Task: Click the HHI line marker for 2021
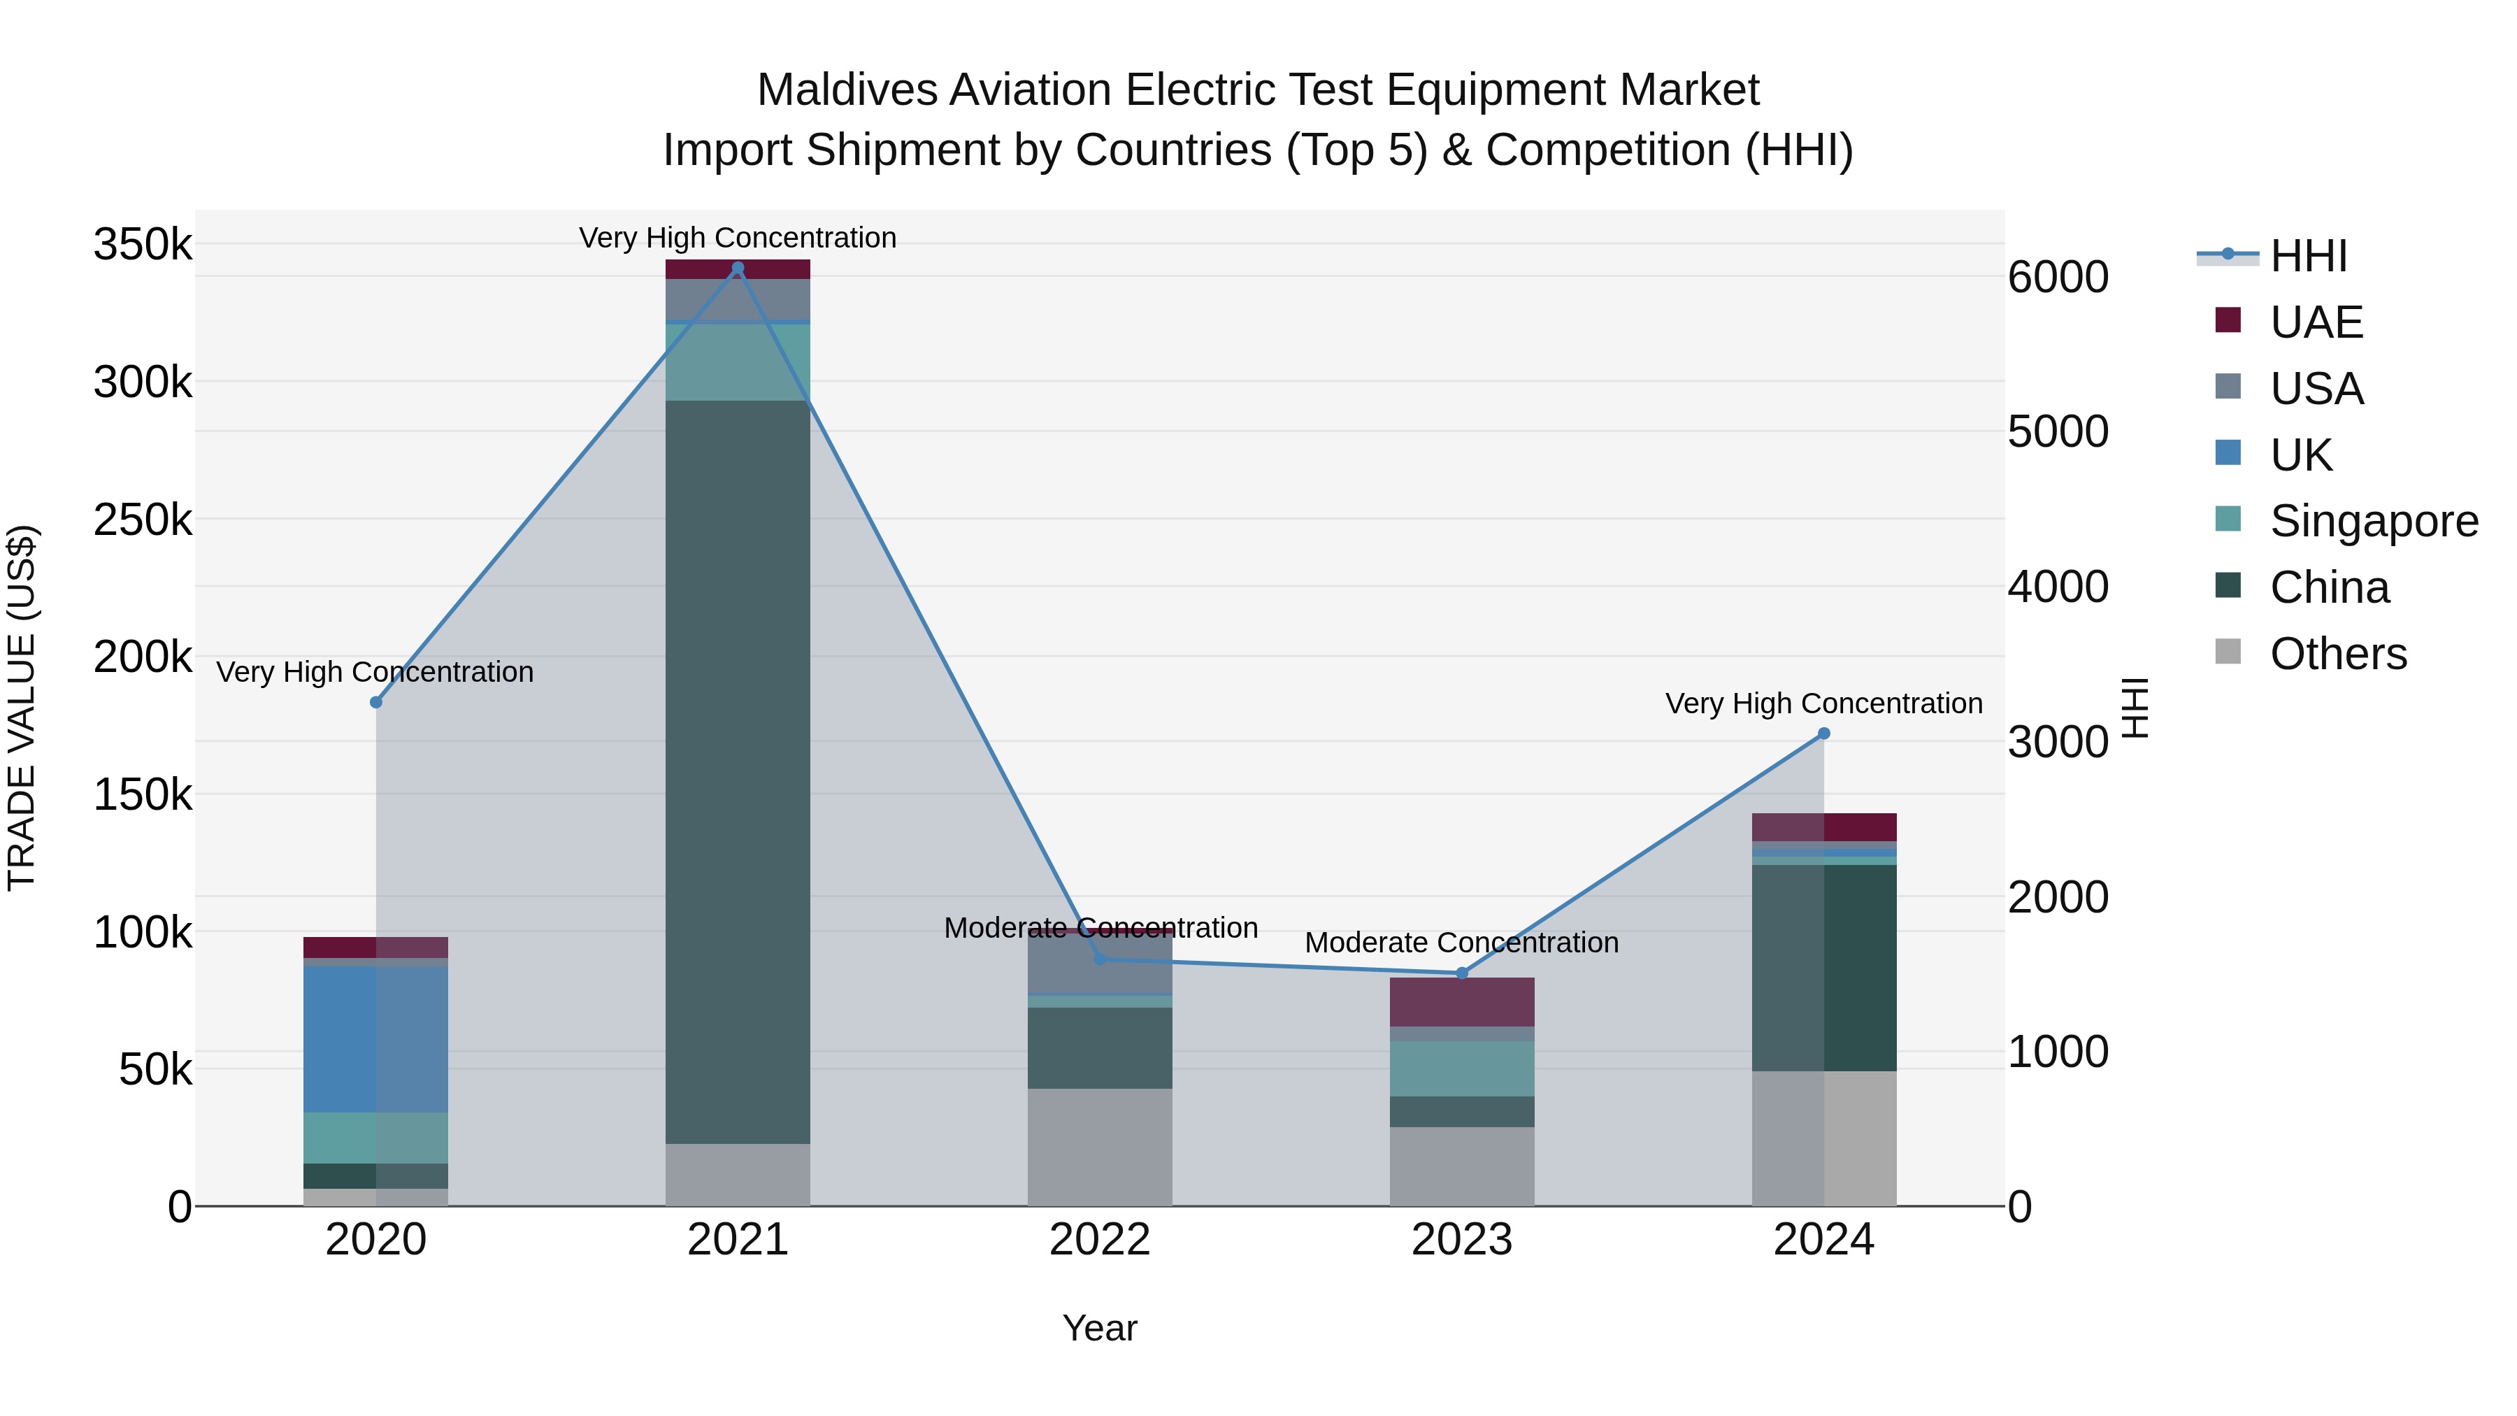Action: [738, 268]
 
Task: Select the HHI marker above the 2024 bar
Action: [1823, 734]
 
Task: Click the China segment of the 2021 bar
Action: [738, 772]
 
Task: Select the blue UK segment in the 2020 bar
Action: [375, 1039]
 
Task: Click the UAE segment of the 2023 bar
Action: [1462, 1001]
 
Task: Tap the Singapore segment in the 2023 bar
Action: [1462, 1068]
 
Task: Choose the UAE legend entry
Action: [2316, 322]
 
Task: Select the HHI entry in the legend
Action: [2308, 256]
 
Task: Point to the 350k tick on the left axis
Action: [143, 244]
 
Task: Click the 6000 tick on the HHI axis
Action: [2058, 278]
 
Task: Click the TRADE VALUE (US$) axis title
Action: [22, 708]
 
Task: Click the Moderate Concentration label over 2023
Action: [1462, 943]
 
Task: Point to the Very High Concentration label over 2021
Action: [738, 238]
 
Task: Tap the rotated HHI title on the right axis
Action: [2136, 708]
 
